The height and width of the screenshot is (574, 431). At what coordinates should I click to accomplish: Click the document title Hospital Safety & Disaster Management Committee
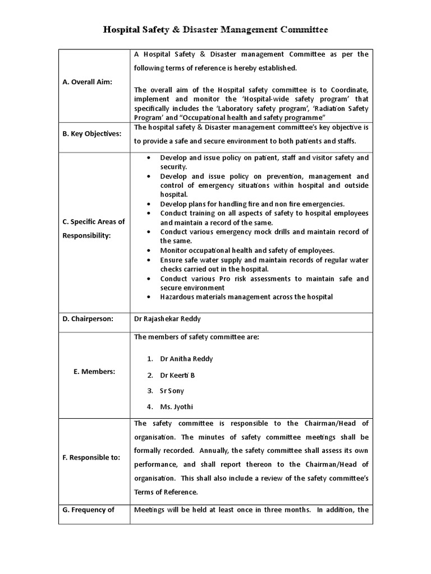215,29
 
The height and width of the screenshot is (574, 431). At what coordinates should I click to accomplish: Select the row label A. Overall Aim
88,82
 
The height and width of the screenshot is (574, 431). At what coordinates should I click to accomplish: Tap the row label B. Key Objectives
92,134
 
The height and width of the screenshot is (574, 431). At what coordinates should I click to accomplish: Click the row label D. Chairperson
88,318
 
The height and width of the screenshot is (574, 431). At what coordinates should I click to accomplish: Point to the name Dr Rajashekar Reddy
167,318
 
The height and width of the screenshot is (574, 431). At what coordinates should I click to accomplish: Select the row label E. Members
94,372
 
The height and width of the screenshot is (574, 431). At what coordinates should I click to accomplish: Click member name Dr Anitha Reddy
186,359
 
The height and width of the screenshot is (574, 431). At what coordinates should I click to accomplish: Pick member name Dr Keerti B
177,375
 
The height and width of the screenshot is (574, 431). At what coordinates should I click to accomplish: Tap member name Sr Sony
172,391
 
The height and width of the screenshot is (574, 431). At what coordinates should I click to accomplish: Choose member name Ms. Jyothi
176,407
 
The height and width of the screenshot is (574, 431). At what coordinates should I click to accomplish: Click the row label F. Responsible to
91,457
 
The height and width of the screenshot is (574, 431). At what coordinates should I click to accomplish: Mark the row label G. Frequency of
89,510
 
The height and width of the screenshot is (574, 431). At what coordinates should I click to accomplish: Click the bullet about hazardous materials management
246,297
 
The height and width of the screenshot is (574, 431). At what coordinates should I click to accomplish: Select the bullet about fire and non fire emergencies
253,203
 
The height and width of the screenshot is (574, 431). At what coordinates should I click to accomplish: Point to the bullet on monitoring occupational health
247,250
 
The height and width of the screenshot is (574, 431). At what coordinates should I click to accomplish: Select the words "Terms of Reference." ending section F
166,492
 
